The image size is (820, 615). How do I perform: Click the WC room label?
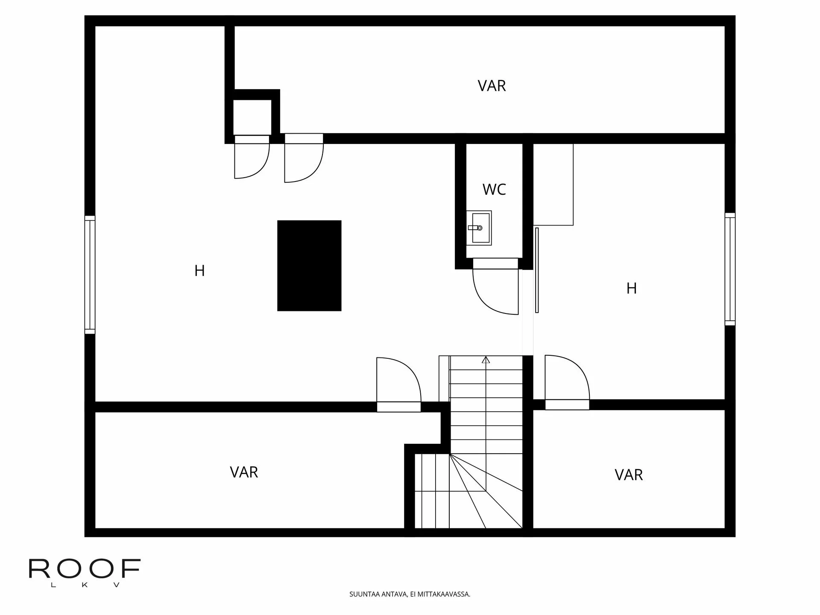pyautogui.click(x=494, y=189)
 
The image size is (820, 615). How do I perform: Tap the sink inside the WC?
pyautogui.click(x=479, y=228)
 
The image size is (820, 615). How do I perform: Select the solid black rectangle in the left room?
pyautogui.click(x=309, y=266)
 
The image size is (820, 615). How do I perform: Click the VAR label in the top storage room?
pyautogui.click(x=492, y=86)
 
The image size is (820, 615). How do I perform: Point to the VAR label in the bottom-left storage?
pyautogui.click(x=244, y=472)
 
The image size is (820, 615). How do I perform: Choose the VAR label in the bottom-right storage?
pyautogui.click(x=629, y=475)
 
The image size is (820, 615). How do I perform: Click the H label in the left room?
pyautogui.click(x=199, y=271)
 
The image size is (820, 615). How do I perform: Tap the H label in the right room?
pyautogui.click(x=632, y=289)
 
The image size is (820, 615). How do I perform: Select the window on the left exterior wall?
pyautogui.click(x=90, y=275)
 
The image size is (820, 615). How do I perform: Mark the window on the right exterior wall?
pyautogui.click(x=730, y=269)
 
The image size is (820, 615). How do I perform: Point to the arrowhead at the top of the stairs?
pyautogui.click(x=486, y=360)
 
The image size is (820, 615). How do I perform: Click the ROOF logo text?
pyautogui.click(x=85, y=568)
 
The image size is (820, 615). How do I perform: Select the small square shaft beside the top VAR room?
pyautogui.click(x=252, y=117)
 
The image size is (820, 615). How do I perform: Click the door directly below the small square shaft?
pyautogui.click(x=252, y=157)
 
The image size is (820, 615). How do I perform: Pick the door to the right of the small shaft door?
pyautogui.click(x=304, y=158)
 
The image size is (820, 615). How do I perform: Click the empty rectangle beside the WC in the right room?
pyautogui.click(x=553, y=184)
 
